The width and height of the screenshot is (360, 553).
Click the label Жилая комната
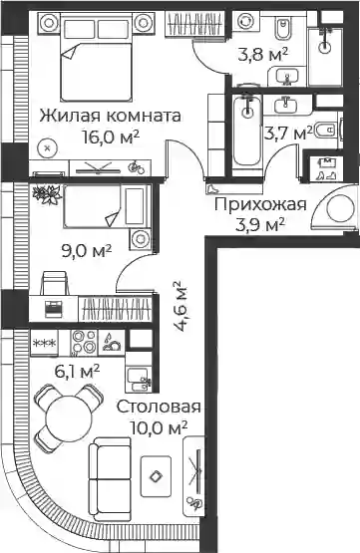pyautogui.click(x=110, y=116)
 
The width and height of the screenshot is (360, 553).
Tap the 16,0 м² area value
pyautogui.click(x=110, y=137)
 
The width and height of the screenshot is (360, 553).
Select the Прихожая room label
pyautogui.click(x=260, y=204)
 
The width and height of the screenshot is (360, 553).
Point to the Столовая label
pyautogui.click(x=159, y=407)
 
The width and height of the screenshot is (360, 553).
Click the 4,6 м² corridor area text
pyautogui.click(x=180, y=306)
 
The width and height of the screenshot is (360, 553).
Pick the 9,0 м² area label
pyautogui.click(x=87, y=252)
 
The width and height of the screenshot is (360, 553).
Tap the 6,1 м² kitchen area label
pyautogui.click(x=77, y=372)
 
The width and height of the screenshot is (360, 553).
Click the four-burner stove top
pyautogui.click(x=85, y=342)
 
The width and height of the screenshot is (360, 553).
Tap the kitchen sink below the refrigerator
pyautogui.click(x=139, y=380)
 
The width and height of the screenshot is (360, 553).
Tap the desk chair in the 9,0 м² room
pyautogui.click(x=54, y=283)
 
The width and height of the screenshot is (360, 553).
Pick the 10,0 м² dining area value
pyautogui.click(x=159, y=428)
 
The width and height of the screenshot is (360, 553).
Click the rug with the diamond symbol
pyautogui.click(x=156, y=477)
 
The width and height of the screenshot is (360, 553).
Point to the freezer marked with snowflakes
pyautogui.click(x=45, y=343)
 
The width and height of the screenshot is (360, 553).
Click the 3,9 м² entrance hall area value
pyautogui.click(x=260, y=225)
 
